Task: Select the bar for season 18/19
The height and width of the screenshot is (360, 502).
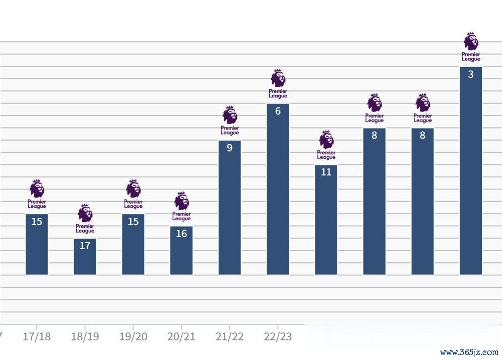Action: pyautogui.click(x=85, y=257)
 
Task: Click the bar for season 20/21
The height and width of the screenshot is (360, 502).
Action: pyautogui.click(x=181, y=251)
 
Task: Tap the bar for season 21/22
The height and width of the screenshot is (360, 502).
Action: pyautogui.click(x=229, y=208)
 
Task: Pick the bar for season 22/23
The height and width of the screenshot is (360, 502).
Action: pyautogui.click(x=278, y=189)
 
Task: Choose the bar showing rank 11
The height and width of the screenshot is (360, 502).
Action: pyautogui.click(x=326, y=220)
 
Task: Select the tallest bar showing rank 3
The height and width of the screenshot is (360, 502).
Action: pyautogui.click(x=471, y=171)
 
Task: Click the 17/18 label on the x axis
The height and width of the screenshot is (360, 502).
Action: pyautogui.click(x=37, y=337)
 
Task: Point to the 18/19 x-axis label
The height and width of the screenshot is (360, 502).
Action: pyautogui.click(x=85, y=337)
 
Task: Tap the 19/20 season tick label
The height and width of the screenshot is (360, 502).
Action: pyautogui.click(x=133, y=337)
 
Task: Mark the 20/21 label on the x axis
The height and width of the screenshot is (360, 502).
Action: pyautogui.click(x=181, y=337)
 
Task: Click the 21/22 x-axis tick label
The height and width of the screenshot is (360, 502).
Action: pyautogui.click(x=229, y=337)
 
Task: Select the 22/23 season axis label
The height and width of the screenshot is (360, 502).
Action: pyautogui.click(x=278, y=337)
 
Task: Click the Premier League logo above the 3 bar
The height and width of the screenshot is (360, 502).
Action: pyautogui.click(x=471, y=47)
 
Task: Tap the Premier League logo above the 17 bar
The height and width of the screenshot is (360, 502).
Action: pyautogui.click(x=85, y=218)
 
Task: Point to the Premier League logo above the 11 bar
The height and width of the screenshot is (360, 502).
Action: pyautogui.click(x=326, y=145)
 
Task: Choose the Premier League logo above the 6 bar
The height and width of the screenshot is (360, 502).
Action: pyautogui.click(x=278, y=83)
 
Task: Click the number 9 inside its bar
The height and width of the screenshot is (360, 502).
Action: pyautogui.click(x=229, y=148)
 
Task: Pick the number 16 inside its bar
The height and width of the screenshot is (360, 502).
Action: pyautogui.click(x=181, y=233)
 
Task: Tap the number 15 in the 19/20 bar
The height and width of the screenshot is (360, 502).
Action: pyautogui.click(x=133, y=221)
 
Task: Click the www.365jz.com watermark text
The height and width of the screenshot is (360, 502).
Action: pyautogui.click(x=469, y=352)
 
